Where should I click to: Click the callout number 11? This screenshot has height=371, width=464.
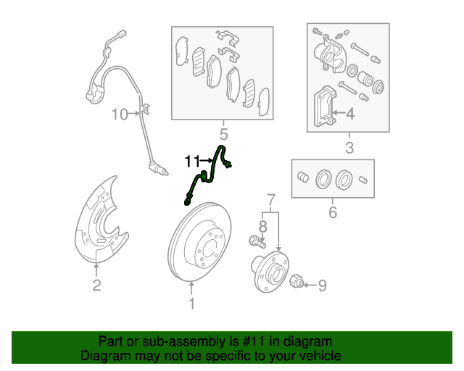pos(193,162)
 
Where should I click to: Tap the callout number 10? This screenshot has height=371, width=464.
pos(120,114)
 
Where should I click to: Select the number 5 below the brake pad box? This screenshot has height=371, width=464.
pos(224,135)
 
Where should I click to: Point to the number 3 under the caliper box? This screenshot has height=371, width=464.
pos(349,148)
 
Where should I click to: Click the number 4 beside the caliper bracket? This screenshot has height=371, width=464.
pos(350,114)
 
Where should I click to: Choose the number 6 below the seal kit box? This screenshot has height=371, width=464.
pos(333,212)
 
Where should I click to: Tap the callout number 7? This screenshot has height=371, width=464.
pos(271,200)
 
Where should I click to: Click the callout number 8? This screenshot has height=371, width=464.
pos(262,227)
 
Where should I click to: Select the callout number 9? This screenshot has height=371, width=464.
pos(322,285)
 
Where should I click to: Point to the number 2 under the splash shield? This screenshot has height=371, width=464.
pos(96,285)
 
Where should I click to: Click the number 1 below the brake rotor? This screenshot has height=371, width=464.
pos(192,304)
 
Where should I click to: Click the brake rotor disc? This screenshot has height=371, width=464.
pos(200,241)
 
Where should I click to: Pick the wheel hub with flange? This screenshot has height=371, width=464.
pos(270,272)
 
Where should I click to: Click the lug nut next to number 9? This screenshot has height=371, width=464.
pos(296,280)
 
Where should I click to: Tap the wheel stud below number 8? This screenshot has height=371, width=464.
pos(257,241)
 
